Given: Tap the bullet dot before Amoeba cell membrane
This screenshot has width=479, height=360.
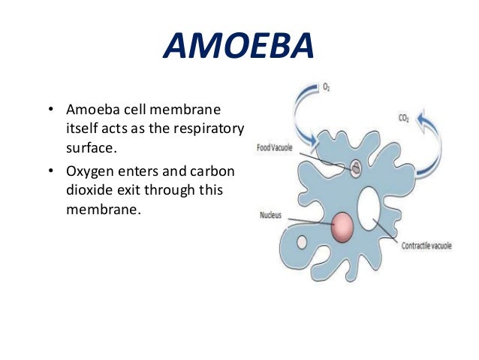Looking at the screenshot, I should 50,111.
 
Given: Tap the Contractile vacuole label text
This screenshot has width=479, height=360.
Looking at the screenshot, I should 424,245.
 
